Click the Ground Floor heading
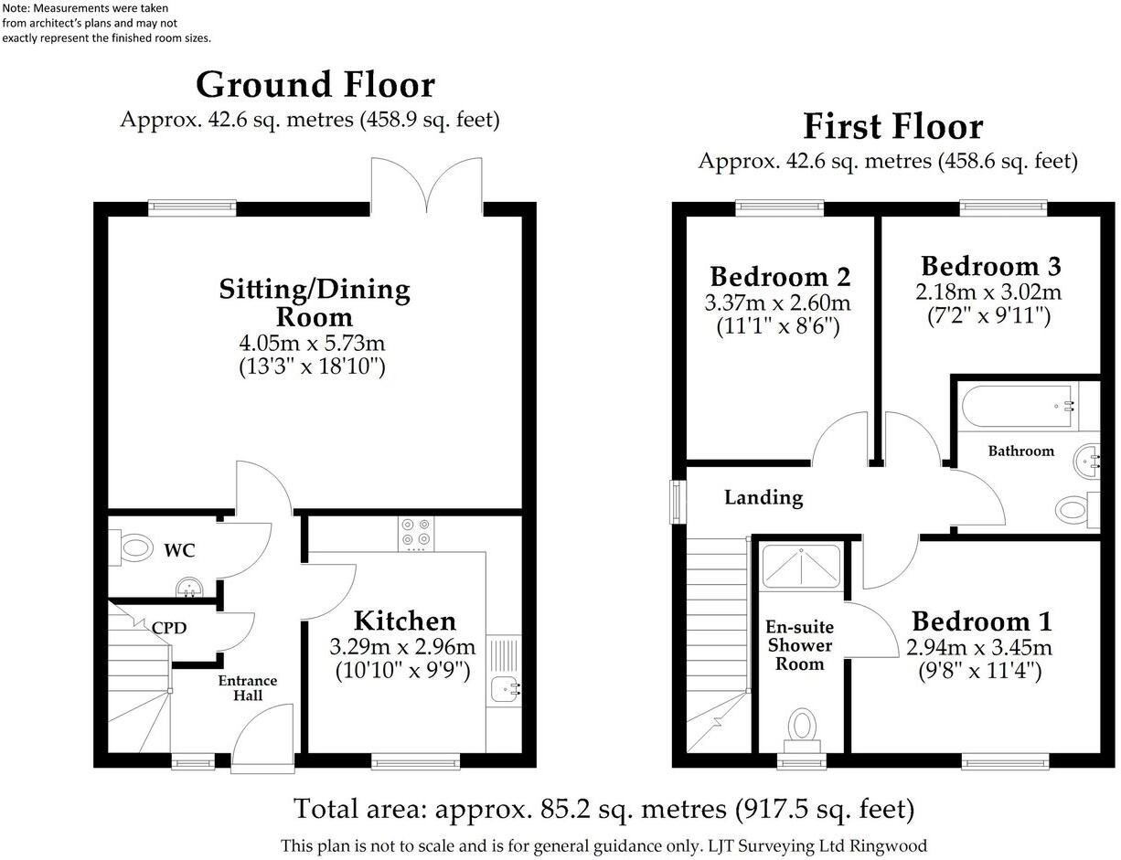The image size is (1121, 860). click(315, 85)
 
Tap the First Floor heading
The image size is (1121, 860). click(892, 126)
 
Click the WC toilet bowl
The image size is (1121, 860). click(135, 548)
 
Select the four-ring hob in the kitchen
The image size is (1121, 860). click(416, 534)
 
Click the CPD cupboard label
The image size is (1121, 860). click(169, 629)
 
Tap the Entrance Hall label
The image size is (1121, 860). click(247, 688)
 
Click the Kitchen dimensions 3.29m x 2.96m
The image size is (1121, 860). click(402, 647)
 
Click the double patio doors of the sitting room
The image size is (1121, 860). click(427, 187)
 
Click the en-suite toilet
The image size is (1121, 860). click(802, 728)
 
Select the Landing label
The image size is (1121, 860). click(763, 498)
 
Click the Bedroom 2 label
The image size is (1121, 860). click(780, 276)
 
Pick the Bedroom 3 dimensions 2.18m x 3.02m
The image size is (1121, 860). click(990, 292)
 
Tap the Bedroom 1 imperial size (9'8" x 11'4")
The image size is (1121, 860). click(980, 672)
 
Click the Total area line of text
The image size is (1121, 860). click(603, 809)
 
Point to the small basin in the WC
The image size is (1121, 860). click(189, 586)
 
